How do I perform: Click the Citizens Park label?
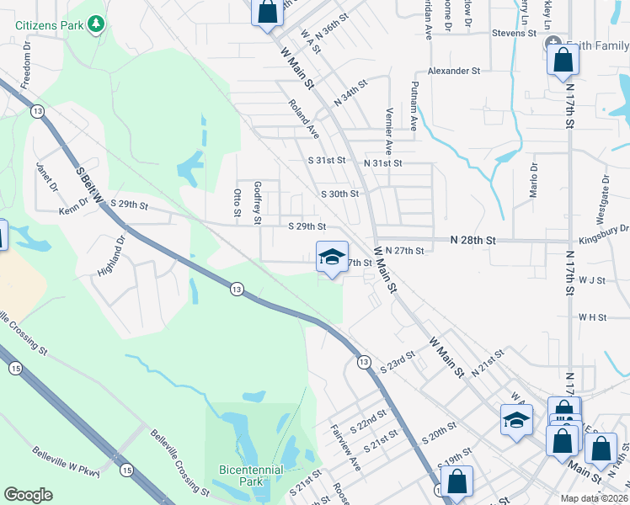pyautogui.click(x=50, y=25)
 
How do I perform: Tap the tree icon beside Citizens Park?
pyautogui.click(x=98, y=24)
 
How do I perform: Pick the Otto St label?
pyautogui.click(x=238, y=206)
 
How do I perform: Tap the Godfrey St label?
pyautogui.click(x=258, y=203)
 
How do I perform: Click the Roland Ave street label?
pyautogui.click(x=304, y=119)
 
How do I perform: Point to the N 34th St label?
pyautogui.click(x=351, y=93)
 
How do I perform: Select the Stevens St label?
pyautogui.click(x=515, y=34)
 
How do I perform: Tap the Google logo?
pyautogui.click(x=28, y=495)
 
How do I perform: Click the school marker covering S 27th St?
pyautogui.click(x=332, y=257)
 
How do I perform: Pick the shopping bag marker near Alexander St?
pyautogui.click(x=562, y=61)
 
